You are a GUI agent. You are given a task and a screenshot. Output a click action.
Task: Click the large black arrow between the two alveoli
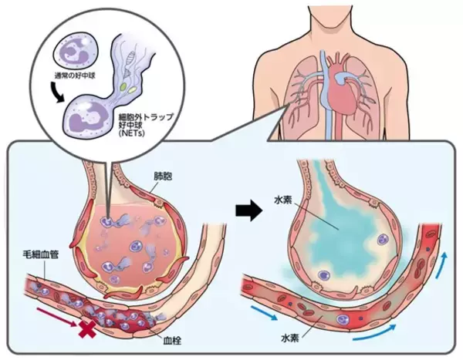click(x=246, y=208)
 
